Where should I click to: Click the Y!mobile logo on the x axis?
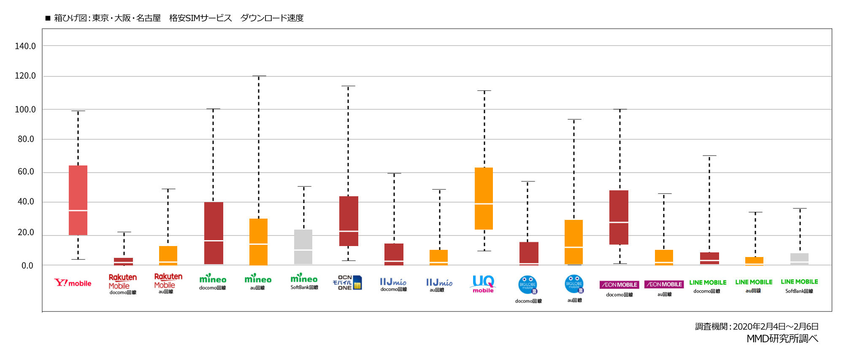tap(73, 283)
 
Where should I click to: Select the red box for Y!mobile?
tap(78, 200)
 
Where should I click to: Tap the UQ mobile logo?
tap(483, 284)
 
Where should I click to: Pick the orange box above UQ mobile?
tap(484, 198)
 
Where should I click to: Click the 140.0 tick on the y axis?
tap(25, 46)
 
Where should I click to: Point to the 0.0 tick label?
tap(27, 265)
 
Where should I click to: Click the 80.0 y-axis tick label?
tap(26, 139)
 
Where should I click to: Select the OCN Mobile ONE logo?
tap(347, 282)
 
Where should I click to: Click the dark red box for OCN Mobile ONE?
tap(349, 221)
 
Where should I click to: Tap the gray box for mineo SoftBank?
tap(303, 247)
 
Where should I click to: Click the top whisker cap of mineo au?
tap(259, 76)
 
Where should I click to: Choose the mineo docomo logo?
tap(213, 282)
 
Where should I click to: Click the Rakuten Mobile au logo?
tap(168, 282)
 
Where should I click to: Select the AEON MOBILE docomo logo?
tap(619, 287)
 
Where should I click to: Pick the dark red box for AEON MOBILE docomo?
tap(619, 217)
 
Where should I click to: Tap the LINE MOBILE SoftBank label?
tap(799, 285)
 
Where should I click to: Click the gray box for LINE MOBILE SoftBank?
tap(799, 259)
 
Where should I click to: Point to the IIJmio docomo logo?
tap(393, 284)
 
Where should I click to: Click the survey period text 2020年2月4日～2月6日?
tap(776, 326)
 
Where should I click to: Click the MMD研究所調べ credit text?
tap(782, 338)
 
